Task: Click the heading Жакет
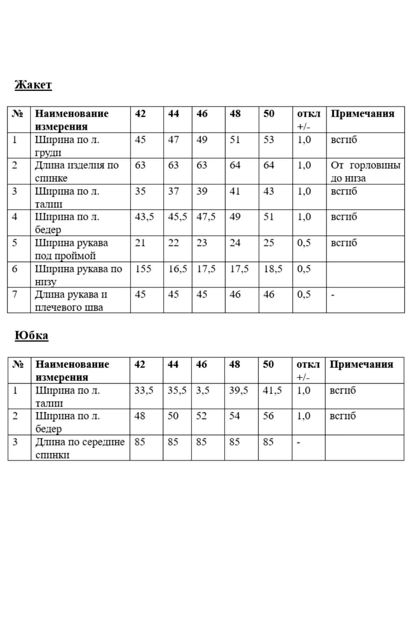33,85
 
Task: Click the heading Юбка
32,335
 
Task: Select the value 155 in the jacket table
143,269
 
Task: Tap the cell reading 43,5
144,217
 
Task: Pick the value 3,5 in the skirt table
203,390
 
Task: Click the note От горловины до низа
365,171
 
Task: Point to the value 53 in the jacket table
269,140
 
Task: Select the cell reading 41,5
272,390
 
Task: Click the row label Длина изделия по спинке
77,171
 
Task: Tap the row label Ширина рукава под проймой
71,249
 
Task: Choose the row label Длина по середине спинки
80,448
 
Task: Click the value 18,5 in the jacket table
273,269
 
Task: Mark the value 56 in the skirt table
268,416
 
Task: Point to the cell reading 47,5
206,217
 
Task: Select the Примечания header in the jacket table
363,114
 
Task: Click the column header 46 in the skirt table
202,364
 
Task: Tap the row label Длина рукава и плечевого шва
71,301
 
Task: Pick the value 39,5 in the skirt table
239,390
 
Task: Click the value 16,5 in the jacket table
177,269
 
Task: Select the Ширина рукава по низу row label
78,275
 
